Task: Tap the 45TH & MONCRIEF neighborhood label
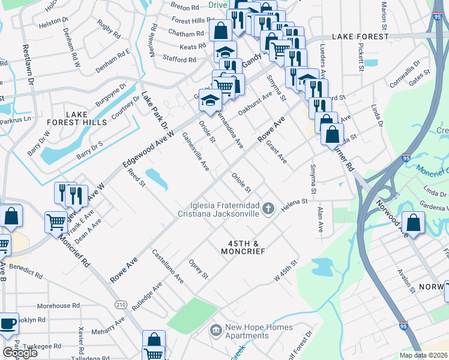tap(246, 248)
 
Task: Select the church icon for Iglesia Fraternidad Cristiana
tap(268, 209)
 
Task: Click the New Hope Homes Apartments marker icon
tap(215, 329)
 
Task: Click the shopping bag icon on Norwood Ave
tap(414, 223)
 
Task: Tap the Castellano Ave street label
tap(167, 266)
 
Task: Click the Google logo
tap(20, 353)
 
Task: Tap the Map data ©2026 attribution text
tap(424, 355)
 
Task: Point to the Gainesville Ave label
tap(196, 152)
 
